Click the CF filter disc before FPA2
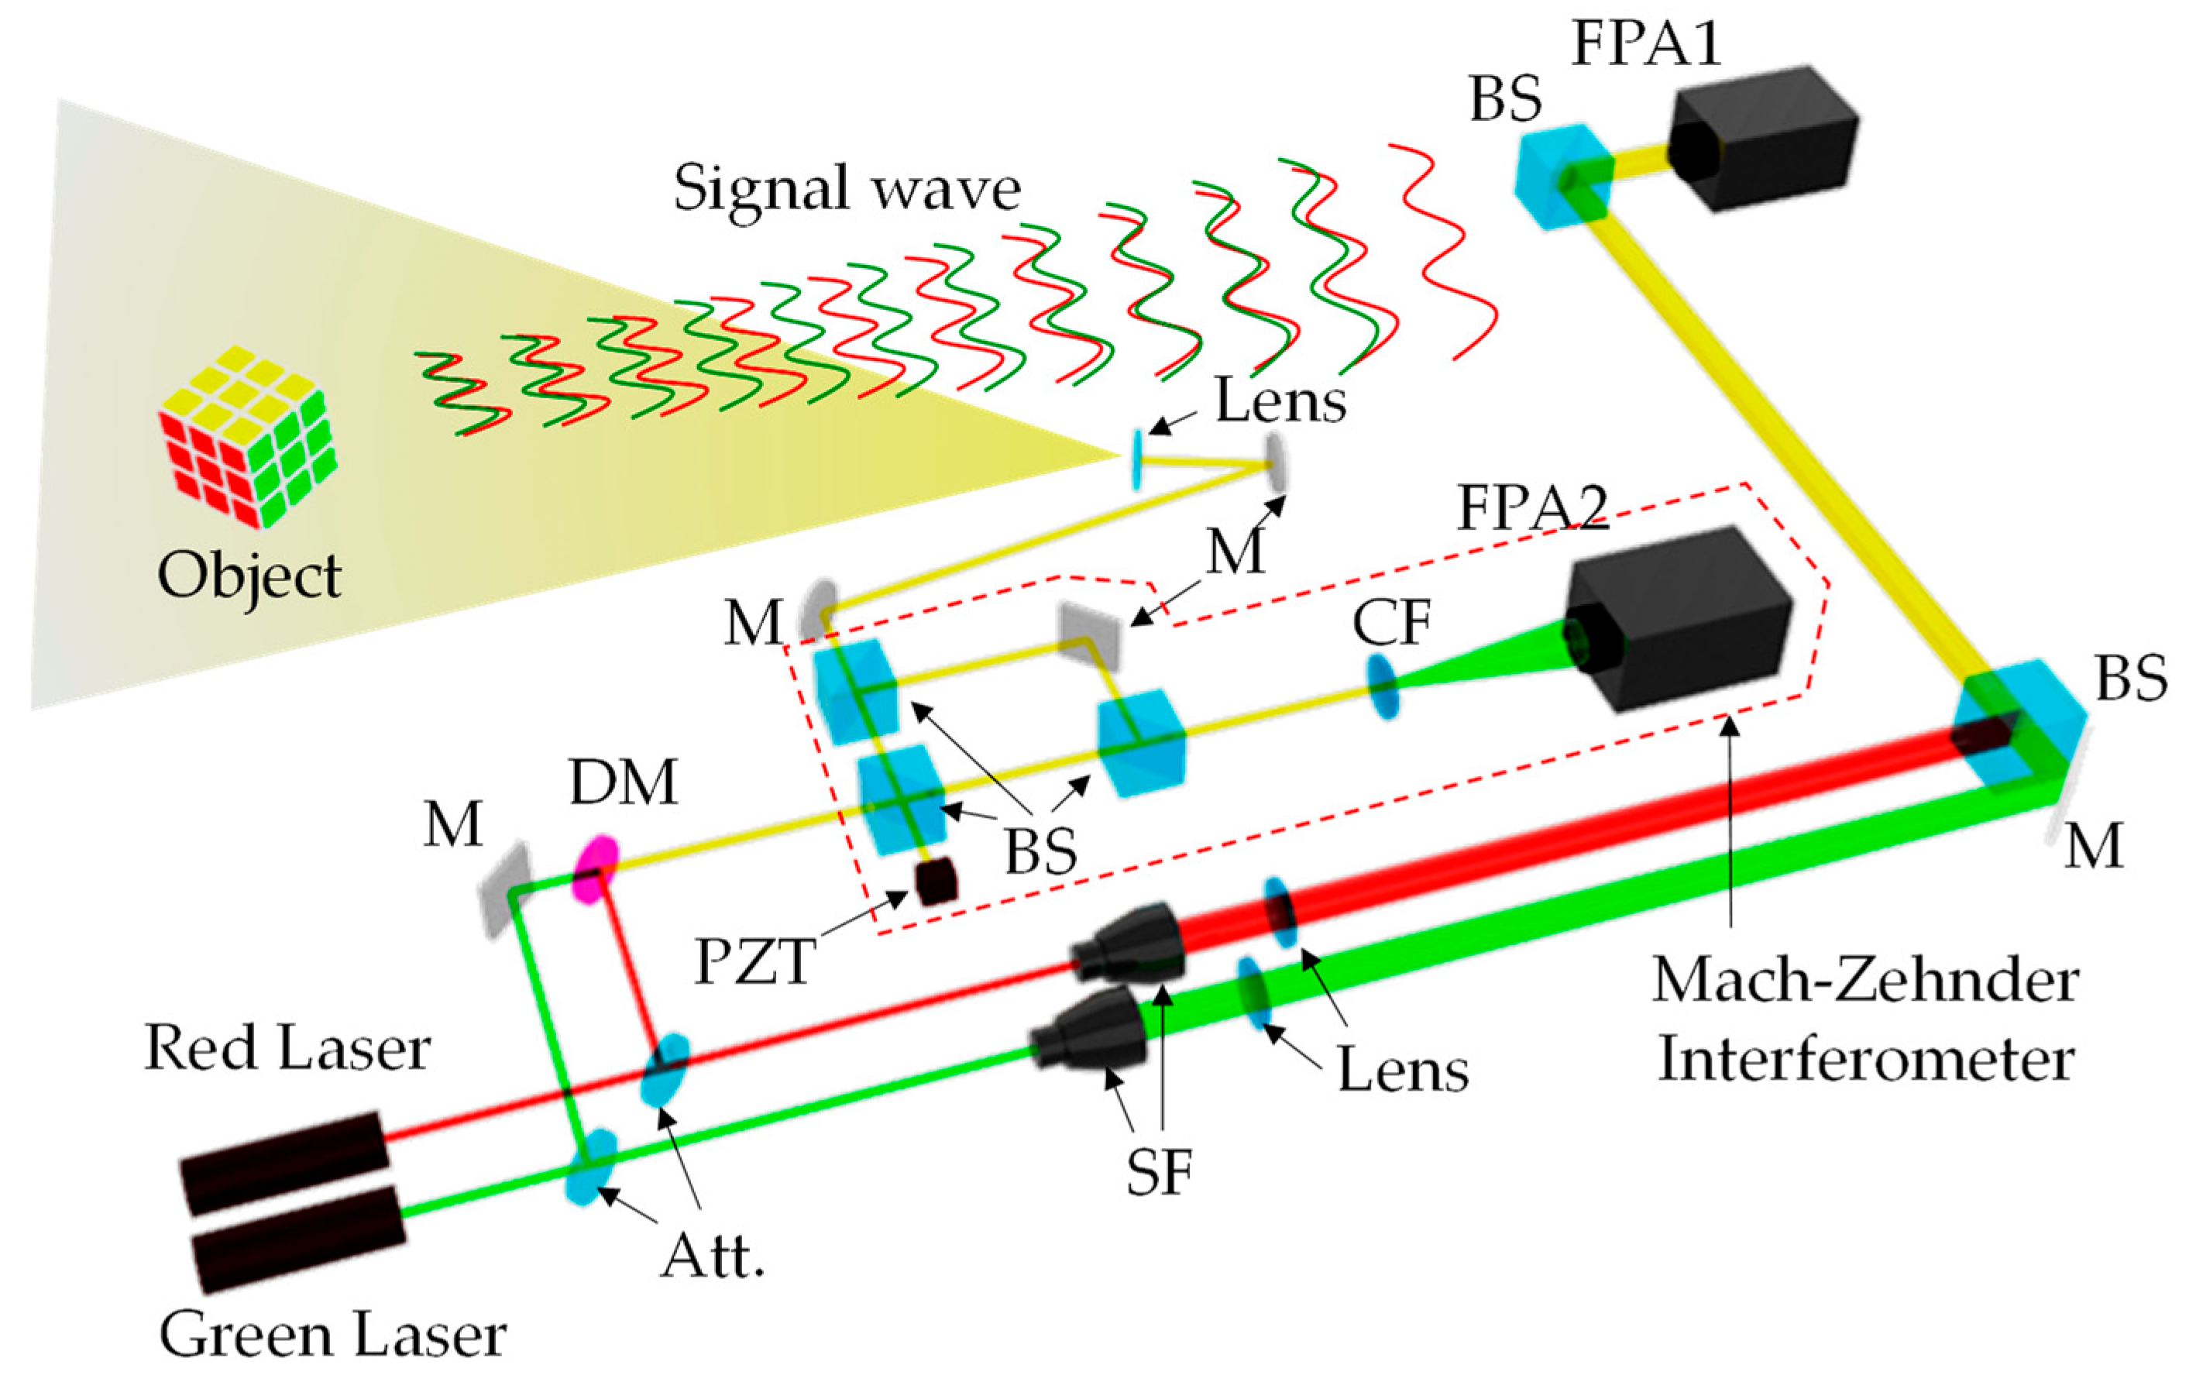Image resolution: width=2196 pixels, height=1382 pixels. pos(1382,684)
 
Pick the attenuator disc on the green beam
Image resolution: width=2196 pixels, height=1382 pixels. pos(591,1167)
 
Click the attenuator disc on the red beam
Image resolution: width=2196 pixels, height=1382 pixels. pos(664,1068)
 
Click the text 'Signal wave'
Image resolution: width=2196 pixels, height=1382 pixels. pos(847,189)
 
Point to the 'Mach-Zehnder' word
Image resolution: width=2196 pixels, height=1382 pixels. pos(1865,981)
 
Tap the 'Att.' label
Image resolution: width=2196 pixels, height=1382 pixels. pos(712,1259)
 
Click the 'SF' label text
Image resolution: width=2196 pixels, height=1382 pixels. pos(1158,1172)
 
